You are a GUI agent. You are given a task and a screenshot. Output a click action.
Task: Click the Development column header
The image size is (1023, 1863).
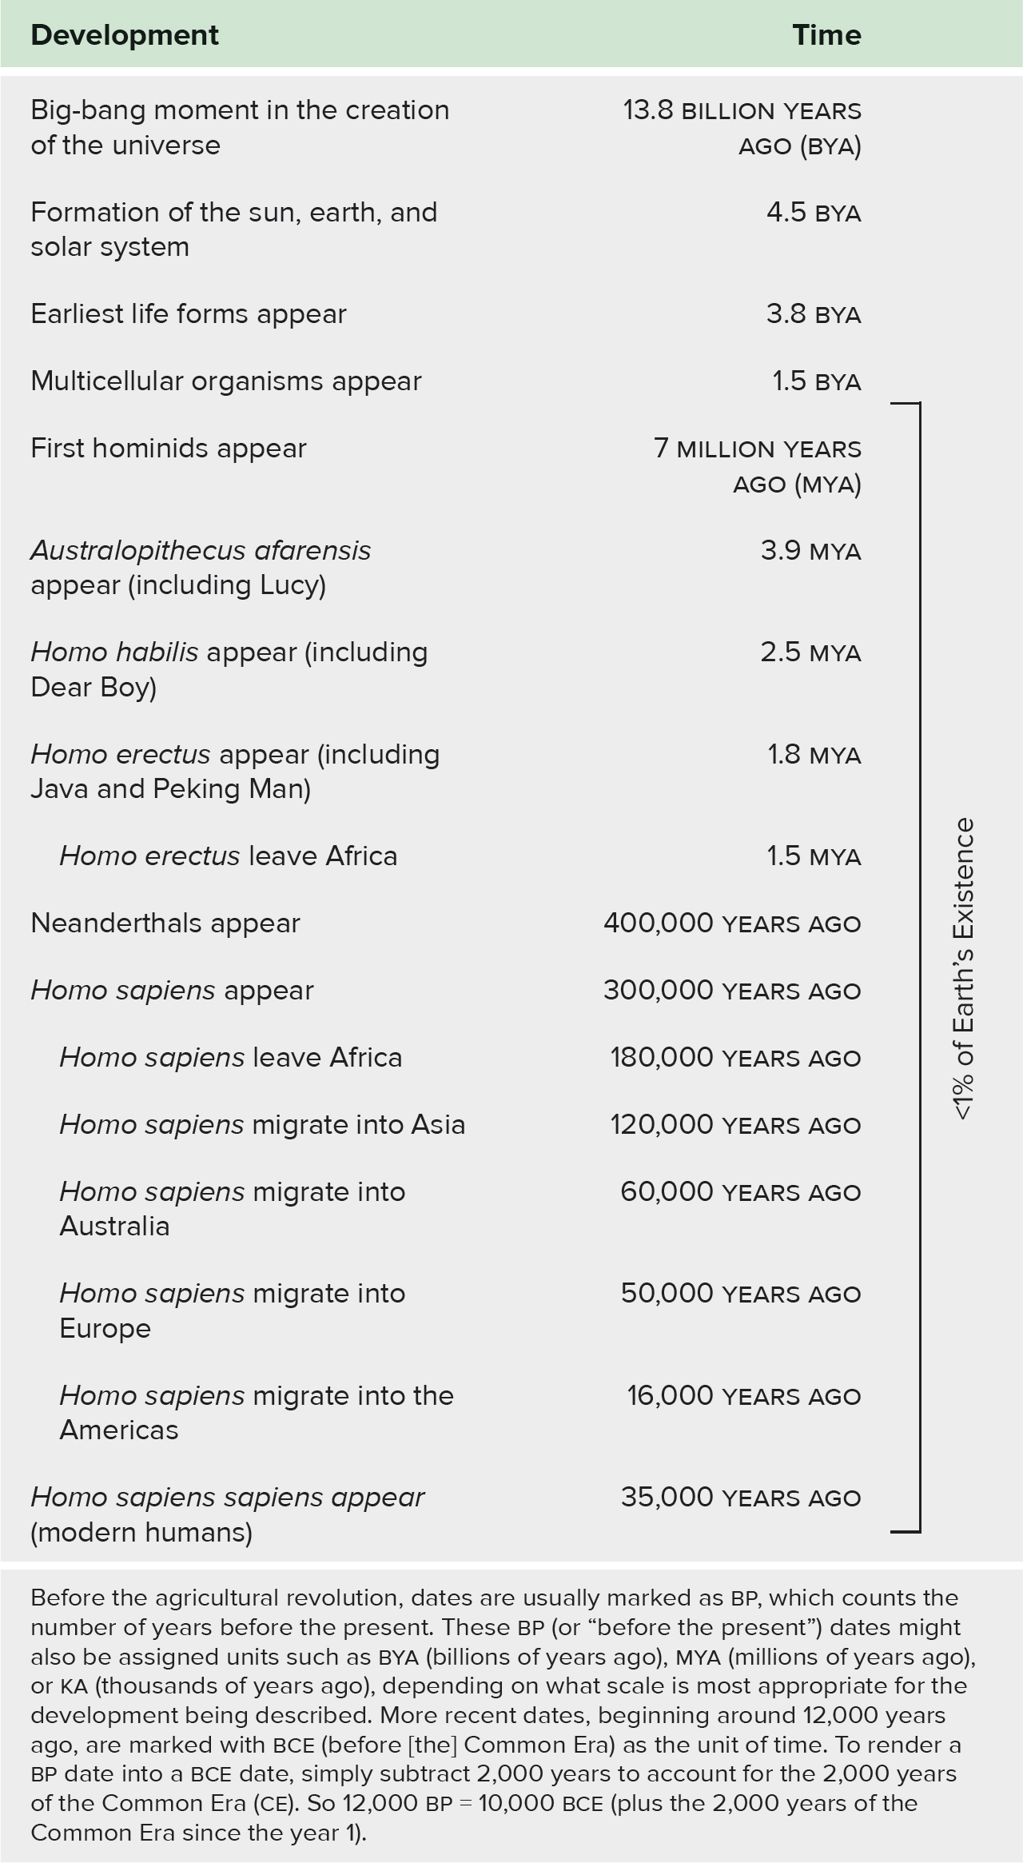[x=125, y=35]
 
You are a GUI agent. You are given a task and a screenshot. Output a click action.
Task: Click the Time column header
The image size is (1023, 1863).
[x=826, y=35]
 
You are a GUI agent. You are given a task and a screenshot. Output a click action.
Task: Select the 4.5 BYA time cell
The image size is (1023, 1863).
[x=813, y=213]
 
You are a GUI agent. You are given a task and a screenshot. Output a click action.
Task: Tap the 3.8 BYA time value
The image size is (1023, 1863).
[x=813, y=314]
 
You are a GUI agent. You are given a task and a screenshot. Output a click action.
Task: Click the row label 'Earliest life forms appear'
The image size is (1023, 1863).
[x=189, y=314]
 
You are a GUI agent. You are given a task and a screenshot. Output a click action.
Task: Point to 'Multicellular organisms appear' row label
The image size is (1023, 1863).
[x=226, y=381]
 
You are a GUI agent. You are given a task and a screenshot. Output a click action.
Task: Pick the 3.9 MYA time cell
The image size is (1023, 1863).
[x=810, y=551]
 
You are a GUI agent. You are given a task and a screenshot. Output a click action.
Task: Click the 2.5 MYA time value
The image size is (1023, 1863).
[x=810, y=652]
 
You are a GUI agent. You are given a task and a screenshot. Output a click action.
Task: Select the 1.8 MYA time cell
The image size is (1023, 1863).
[x=814, y=755]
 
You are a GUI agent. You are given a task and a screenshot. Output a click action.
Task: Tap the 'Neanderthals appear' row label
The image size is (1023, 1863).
[x=165, y=924]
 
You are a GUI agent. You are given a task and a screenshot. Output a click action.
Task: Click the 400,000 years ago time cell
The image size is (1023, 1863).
[x=732, y=924]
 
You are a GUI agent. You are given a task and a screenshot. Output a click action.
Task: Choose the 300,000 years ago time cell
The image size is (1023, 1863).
[x=732, y=991]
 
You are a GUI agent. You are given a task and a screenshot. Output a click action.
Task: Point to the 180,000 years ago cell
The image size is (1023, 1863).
[x=735, y=1058]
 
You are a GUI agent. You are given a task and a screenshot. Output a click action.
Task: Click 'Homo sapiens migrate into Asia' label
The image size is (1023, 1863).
[x=262, y=1125]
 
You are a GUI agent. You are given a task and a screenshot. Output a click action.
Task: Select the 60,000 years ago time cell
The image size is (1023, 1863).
[x=740, y=1192]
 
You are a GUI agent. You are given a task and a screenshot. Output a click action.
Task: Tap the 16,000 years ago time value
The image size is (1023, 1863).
[x=743, y=1396]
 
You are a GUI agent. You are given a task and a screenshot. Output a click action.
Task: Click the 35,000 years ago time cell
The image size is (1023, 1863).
[x=740, y=1498]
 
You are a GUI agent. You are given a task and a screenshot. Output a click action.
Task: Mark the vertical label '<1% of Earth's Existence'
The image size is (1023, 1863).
[x=965, y=968]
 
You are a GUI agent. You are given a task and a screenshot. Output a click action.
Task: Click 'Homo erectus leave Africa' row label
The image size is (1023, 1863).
[x=229, y=856]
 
